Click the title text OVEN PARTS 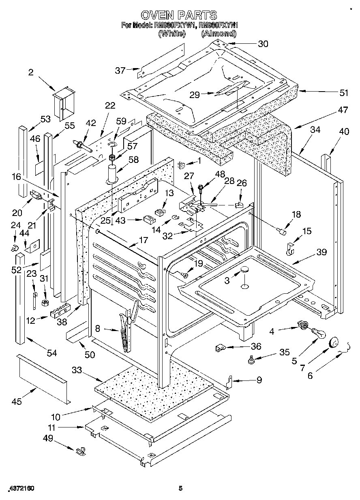tap(179, 15)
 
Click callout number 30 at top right tap(263, 44)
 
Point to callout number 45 tap(17, 402)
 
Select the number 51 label tap(344, 93)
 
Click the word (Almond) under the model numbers tap(219, 34)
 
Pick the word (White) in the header tap(171, 34)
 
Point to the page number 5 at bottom tap(181, 489)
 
